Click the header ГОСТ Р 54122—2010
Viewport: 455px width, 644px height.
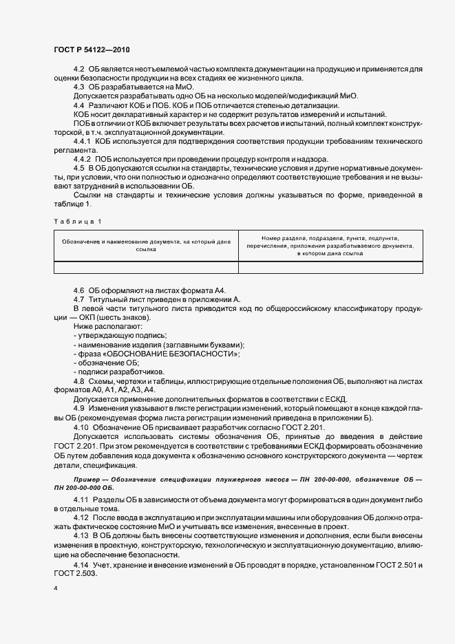coord(90,50)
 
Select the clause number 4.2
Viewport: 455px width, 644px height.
coord(78,70)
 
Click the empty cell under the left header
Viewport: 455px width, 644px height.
coord(146,268)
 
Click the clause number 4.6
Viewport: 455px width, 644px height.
coord(78,291)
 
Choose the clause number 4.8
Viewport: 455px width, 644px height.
coord(78,380)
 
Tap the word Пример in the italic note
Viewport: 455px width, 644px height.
coord(88,477)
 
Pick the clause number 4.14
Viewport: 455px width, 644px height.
coord(81,565)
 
